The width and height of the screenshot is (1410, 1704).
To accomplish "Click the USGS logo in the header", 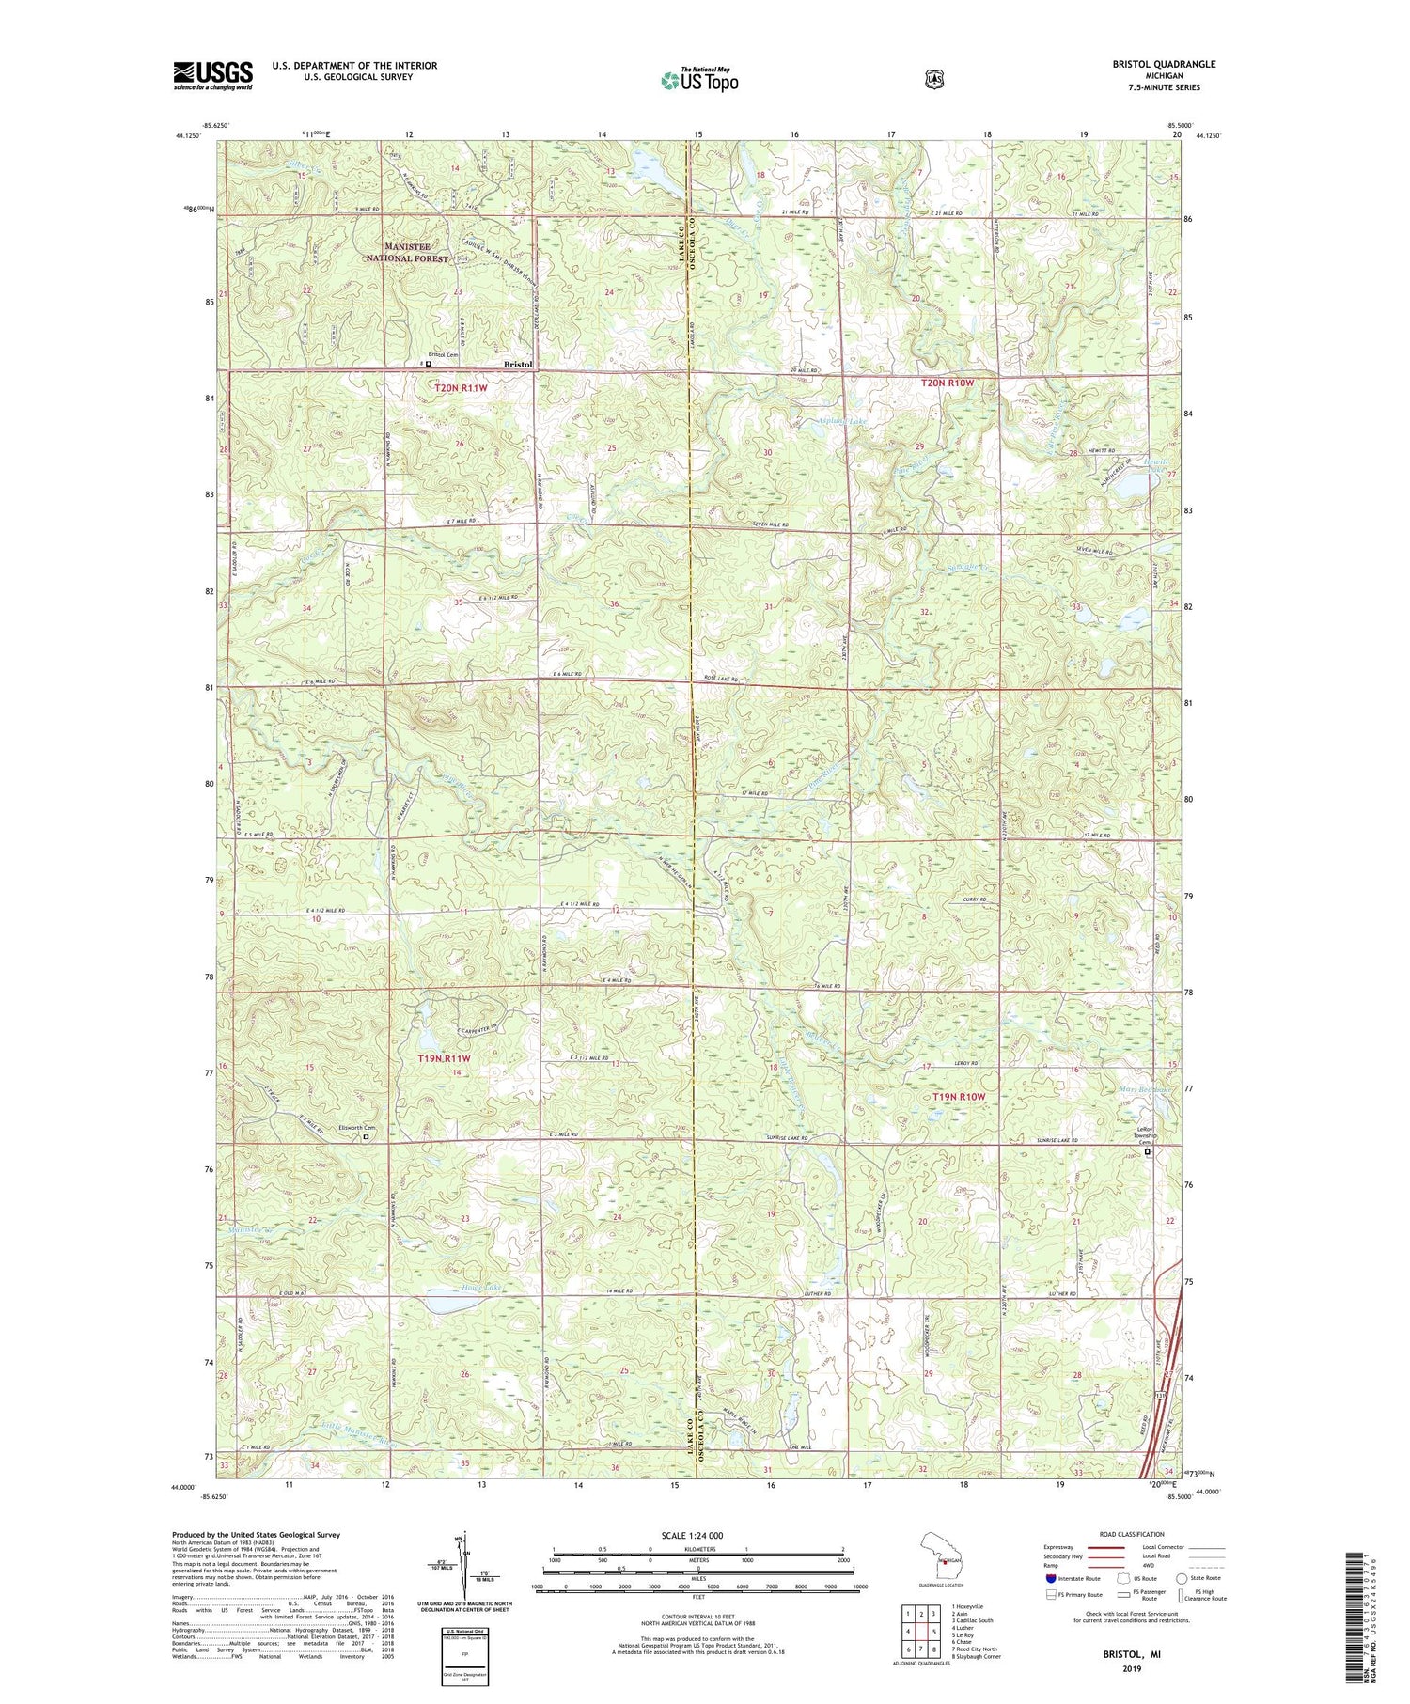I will (x=212, y=75).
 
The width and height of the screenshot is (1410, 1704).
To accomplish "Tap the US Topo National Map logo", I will (x=699, y=80).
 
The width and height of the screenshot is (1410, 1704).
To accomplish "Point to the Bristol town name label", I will (x=518, y=365).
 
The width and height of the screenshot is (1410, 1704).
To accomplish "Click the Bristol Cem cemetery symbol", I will (x=428, y=364).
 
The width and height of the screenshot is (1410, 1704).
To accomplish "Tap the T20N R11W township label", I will (x=461, y=387).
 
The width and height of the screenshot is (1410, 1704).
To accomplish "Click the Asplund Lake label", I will (x=841, y=422).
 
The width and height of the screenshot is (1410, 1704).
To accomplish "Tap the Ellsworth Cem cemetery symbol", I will (x=367, y=1136).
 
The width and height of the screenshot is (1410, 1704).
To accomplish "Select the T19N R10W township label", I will (x=959, y=1097).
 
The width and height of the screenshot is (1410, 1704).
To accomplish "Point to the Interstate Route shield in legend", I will (x=1051, y=1578).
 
